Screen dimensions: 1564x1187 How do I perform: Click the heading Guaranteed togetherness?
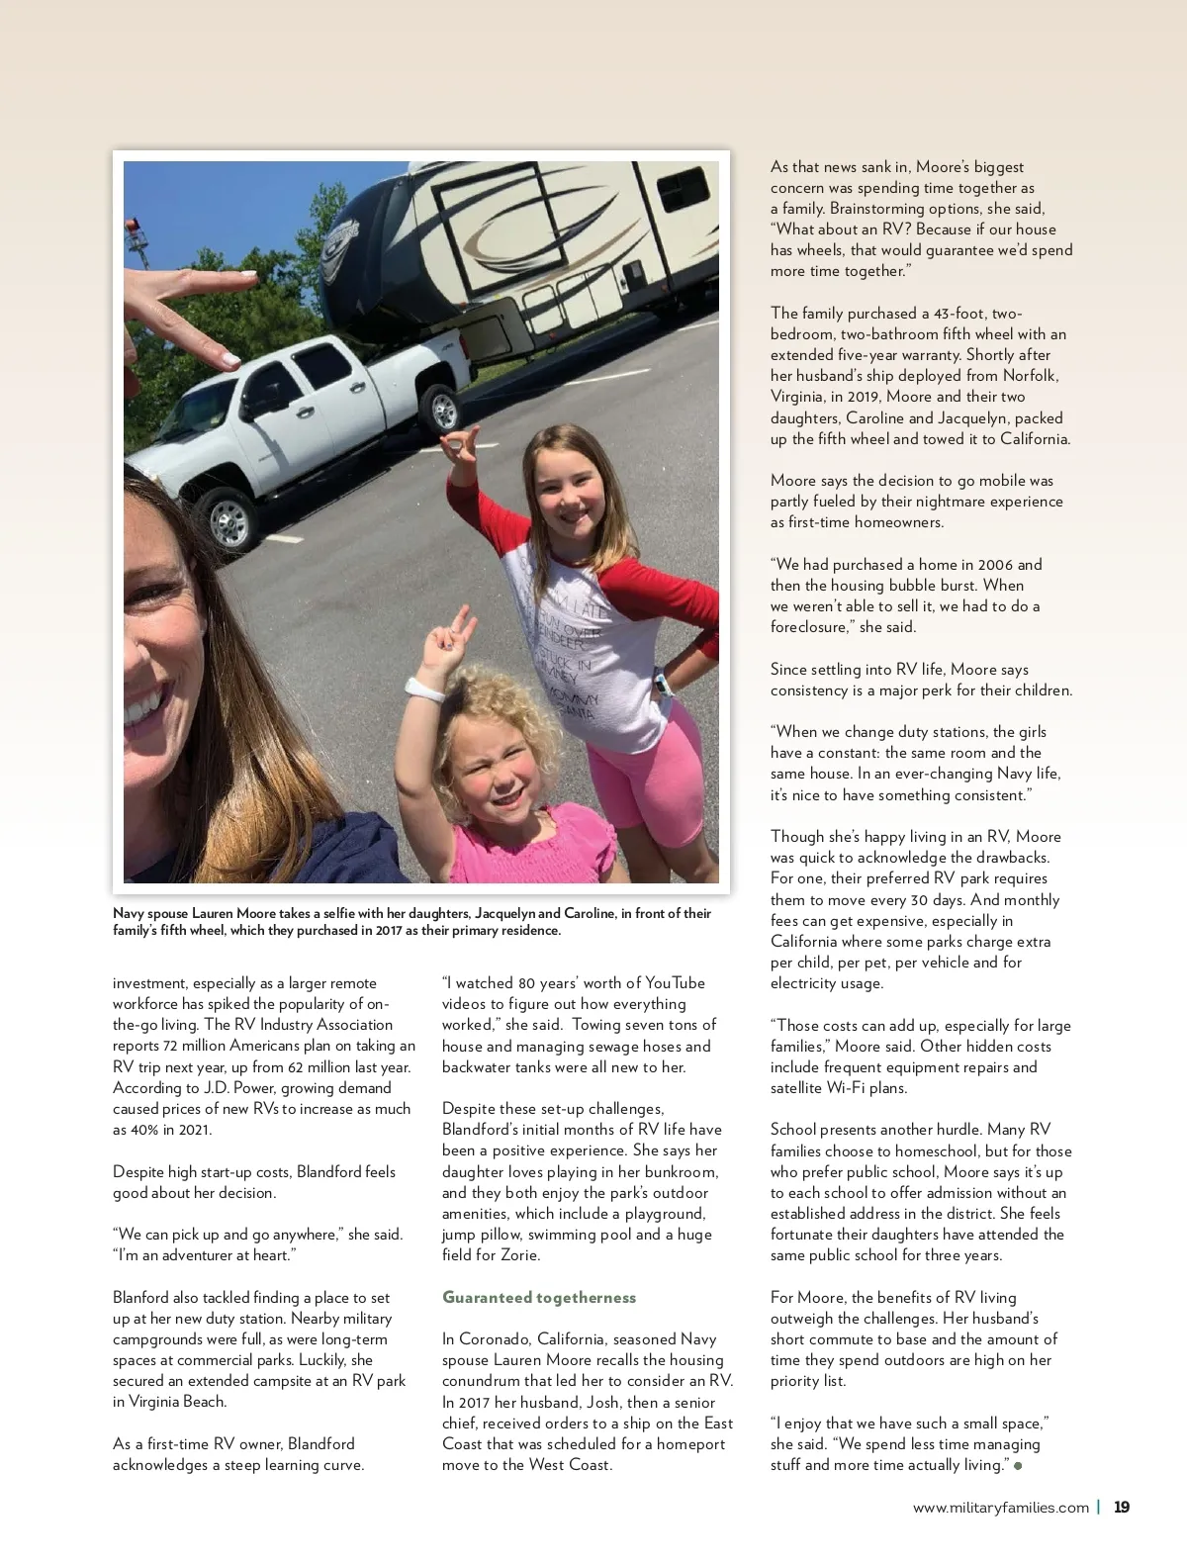pyautogui.click(x=539, y=1297)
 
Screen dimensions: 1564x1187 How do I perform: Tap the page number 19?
pyautogui.click(x=1122, y=1508)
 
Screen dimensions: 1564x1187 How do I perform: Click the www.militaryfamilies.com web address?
pyautogui.click(x=1000, y=1508)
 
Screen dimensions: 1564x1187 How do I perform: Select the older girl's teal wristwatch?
pyautogui.click(x=661, y=684)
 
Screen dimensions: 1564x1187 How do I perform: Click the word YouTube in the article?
pyautogui.click(x=675, y=982)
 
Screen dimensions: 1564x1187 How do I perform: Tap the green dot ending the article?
pyautogui.click(x=1018, y=1465)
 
